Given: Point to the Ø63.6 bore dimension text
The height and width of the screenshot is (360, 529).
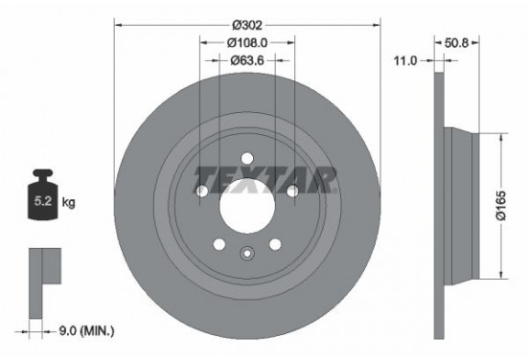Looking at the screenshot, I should [x=247, y=62].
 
